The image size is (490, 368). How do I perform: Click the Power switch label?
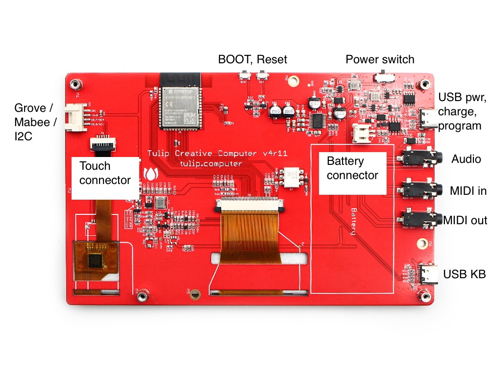[380, 60]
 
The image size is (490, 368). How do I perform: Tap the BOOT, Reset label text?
[252, 59]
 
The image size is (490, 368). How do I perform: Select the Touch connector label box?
[105, 173]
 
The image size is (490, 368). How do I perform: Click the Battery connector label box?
[352, 168]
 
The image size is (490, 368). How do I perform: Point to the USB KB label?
[464, 274]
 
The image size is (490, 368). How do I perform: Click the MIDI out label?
[465, 220]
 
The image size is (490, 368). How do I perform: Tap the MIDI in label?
[468, 190]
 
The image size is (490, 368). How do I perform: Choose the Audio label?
[466, 159]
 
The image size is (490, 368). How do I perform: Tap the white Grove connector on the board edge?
[74, 119]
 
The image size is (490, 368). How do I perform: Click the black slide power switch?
[384, 78]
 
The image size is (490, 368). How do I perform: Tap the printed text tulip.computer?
[211, 164]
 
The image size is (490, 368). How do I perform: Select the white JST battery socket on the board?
[362, 132]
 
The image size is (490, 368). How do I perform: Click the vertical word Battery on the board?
[352, 221]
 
